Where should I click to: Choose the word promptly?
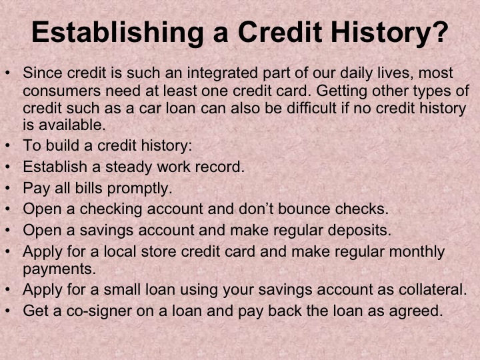click(x=137, y=188)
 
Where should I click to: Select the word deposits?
click(x=357, y=230)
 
